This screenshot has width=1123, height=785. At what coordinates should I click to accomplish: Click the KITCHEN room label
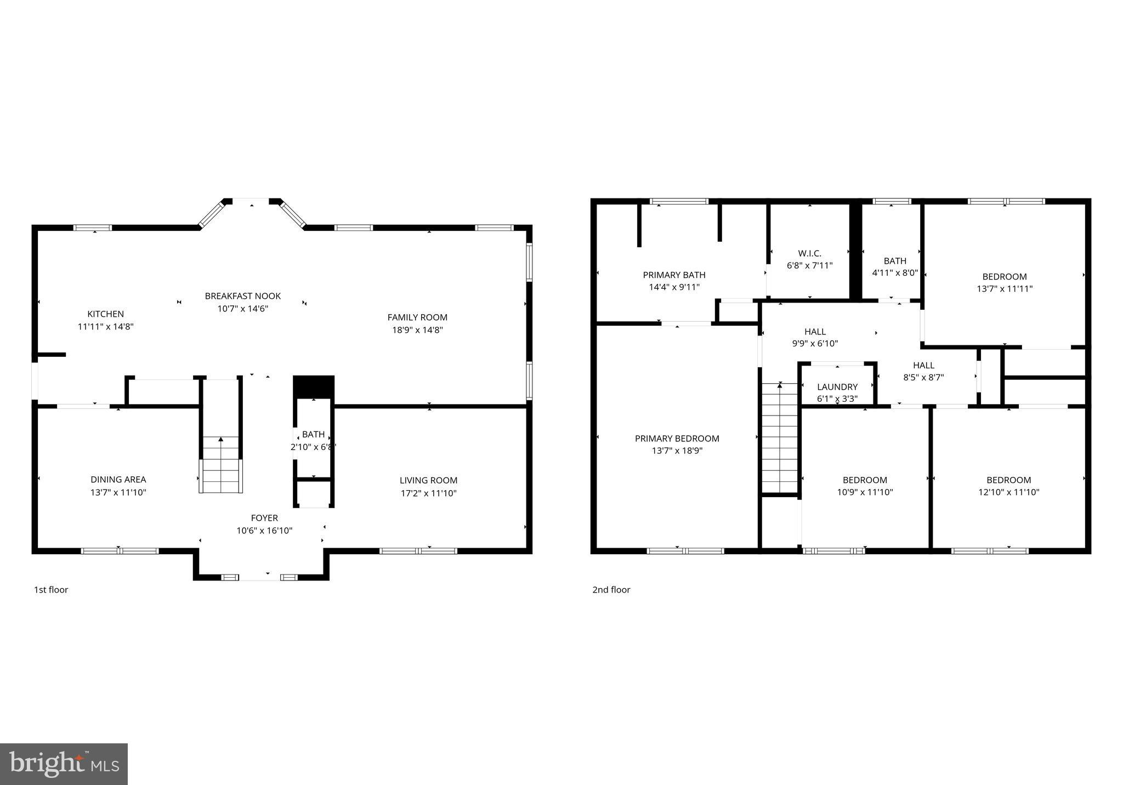pyautogui.click(x=106, y=314)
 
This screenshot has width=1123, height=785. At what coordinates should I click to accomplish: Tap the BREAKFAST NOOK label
pyautogui.click(x=243, y=296)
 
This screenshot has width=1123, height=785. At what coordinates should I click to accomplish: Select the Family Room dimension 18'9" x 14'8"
pyautogui.click(x=417, y=330)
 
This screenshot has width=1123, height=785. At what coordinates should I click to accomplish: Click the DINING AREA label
pyautogui.click(x=118, y=480)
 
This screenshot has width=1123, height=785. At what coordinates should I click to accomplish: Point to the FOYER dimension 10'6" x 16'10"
pyautogui.click(x=264, y=531)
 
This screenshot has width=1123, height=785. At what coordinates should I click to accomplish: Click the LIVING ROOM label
pyautogui.click(x=428, y=481)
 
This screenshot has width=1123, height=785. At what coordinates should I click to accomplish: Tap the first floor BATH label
pyautogui.click(x=313, y=435)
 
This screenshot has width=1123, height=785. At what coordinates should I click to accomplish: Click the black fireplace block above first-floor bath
pyautogui.click(x=314, y=386)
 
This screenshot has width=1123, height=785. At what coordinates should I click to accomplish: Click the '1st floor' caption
pyautogui.click(x=51, y=590)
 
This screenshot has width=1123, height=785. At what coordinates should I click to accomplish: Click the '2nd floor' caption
pyautogui.click(x=611, y=590)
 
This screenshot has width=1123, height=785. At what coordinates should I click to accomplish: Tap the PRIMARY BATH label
pyautogui.click(x=674, y=275)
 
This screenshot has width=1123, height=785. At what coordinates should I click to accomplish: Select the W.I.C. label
pyautogui.click(x=809, y=254)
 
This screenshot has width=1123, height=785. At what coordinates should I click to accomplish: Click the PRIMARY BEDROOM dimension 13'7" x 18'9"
pyautogui.click(x=677, y=451)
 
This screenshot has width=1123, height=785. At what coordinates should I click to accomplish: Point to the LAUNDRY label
pyautogui.click(x=837, y=387)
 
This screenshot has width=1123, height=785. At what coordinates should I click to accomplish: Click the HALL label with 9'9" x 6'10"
pyautogui.click(x=815, y=332)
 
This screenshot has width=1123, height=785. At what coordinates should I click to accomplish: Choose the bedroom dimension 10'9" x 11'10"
pyautogui.click(x=865, y=492)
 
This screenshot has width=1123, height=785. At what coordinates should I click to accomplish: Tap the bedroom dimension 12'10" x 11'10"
pyautogui.click(x=1008, y=492)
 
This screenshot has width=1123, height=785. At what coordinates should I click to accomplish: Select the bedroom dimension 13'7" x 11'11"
pyautogui.click(x=1005, y=289)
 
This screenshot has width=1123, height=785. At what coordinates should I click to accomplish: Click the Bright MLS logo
pyautogui.click(x=64, y=764)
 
